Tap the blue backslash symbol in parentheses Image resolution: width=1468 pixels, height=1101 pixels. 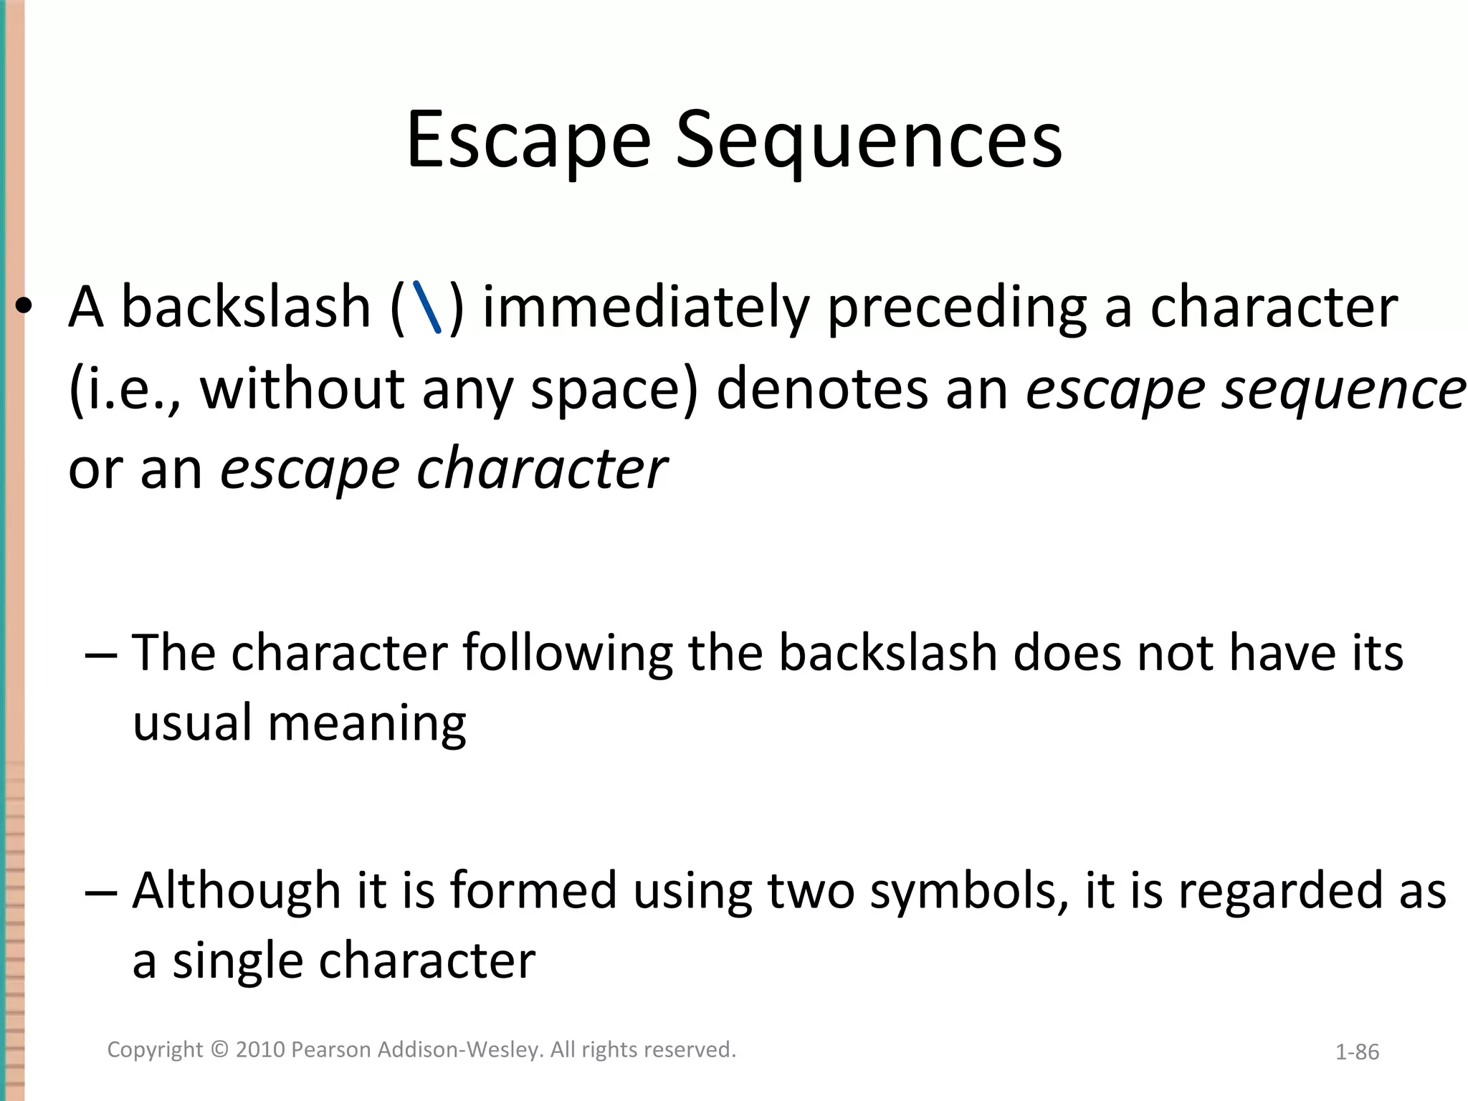pyautogui.click(x=427, y=308)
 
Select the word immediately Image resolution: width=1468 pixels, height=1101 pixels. pyautogui.click(x=645, y=308)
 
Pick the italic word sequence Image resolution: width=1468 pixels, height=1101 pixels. pyautogui.click(x=1343, y=389)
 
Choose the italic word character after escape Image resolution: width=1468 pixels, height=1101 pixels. pyautogui.click(x=542, y=470)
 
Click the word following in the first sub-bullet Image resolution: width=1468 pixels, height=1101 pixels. pyautogui.click(x=568, y=653)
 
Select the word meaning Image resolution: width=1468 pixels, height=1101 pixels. pyautogui.click(x=367, y=724)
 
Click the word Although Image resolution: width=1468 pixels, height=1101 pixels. pyautogui.click(x=237, y=891)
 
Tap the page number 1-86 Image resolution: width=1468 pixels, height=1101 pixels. pyautogui.click(x=1357, y=1052)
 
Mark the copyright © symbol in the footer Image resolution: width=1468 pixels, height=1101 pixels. pyautogui.click(x=220, y=1050)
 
